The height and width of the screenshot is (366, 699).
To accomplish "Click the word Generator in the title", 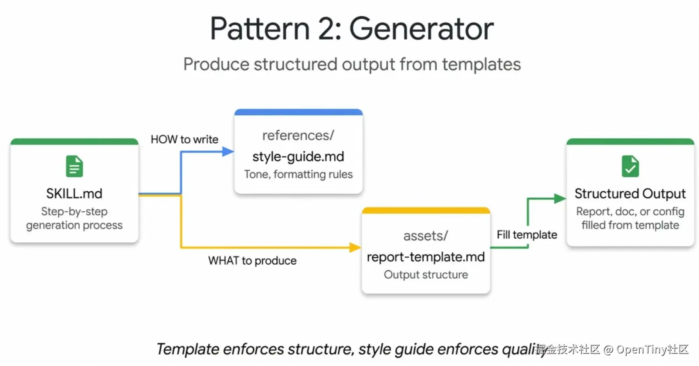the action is (421, 29).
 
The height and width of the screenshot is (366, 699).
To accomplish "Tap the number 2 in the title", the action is (326, 29).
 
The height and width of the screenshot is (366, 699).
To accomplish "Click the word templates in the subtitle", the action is (481, 65).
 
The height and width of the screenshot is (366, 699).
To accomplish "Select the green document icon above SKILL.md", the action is (74, 166).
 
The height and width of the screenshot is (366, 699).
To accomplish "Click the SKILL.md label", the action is (74, 194).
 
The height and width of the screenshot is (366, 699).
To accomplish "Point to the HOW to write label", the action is (184, 139).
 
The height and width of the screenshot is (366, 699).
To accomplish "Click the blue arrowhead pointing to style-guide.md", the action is (228, 152).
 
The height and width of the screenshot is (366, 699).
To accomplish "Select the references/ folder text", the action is (299, 136).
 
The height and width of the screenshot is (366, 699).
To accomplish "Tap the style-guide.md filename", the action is (299, 156).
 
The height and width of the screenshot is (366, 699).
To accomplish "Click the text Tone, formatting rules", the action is (299, 174).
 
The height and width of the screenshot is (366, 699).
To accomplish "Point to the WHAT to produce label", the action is (252, 261).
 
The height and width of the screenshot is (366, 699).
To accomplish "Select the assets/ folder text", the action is (426, 236).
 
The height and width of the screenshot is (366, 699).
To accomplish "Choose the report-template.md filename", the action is (426, 257).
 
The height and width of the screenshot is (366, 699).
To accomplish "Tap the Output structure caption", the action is (426, 274).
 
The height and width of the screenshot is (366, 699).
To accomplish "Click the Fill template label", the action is (527, 235).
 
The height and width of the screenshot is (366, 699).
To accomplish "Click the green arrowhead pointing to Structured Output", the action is (560, 198).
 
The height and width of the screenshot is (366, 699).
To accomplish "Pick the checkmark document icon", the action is (630, 166).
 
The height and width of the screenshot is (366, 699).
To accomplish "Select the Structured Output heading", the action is (630, 194).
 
